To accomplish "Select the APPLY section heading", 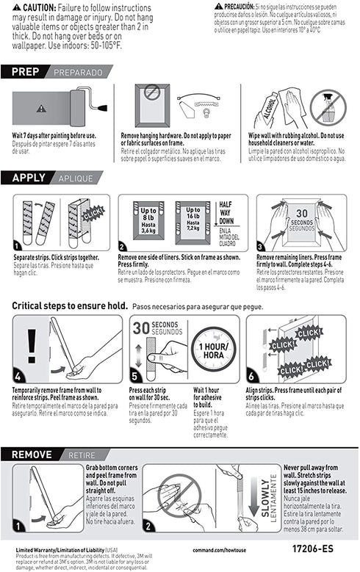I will click(x=31, y=178).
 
